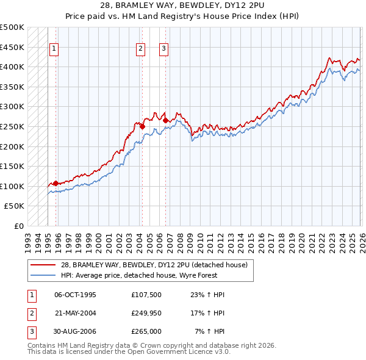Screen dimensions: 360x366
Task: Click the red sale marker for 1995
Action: [56, 183]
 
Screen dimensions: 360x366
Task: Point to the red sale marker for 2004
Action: [142, 127]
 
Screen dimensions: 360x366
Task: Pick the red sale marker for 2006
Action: [165, 121]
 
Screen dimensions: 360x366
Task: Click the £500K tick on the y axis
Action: [12, 27]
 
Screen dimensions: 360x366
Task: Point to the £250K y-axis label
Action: [12, 126]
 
